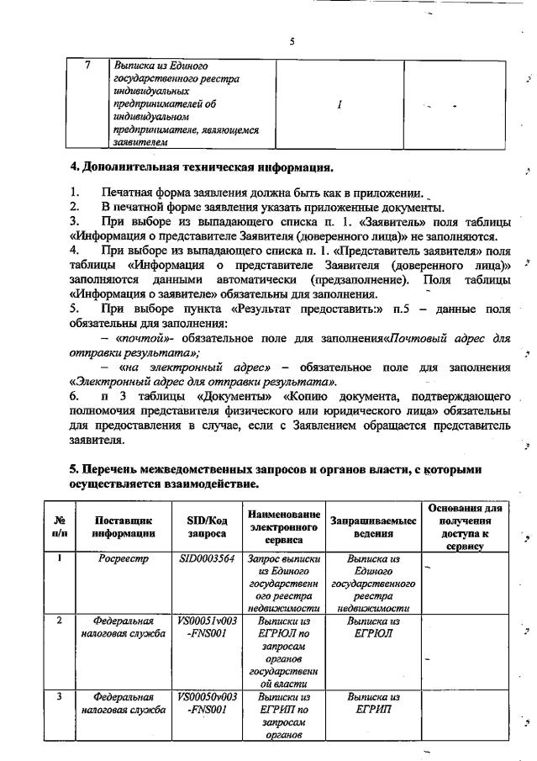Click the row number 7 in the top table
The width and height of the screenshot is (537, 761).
(x=87, y=66)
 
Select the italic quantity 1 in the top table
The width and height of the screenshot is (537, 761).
(x=339, y=105)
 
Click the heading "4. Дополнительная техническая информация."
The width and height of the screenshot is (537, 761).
(x=202, y=163)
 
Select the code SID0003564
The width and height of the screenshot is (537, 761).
(x=208, y=558)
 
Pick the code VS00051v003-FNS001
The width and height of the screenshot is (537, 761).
(x=208, y=626)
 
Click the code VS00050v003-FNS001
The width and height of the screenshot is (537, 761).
(x=208, y=703)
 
